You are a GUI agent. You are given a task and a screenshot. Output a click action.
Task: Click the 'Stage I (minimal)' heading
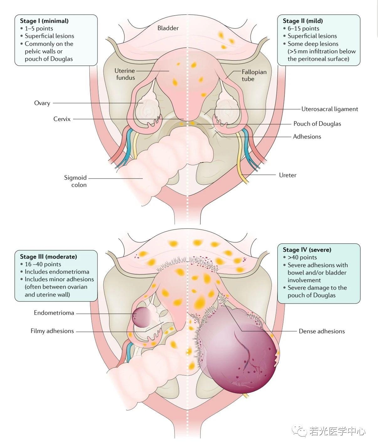click(x=44, y=21)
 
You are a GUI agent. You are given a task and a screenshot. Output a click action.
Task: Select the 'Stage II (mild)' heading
click(x=302, y=21)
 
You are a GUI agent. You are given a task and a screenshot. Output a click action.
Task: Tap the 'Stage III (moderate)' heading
click(x=48, y=256)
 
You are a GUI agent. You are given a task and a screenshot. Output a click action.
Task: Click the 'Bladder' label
click(x=168, y=28)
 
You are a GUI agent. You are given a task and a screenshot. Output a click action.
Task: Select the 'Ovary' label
click(x=42, y=103)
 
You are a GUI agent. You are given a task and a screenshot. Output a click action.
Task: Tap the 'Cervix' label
click(x=62, y=119)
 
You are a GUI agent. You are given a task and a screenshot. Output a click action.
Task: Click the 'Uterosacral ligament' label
click(x=329, y=109)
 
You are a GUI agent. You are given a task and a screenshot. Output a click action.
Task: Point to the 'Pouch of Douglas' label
click(x=317, y=124)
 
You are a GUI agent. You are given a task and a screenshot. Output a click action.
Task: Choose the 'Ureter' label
click(x=287, y=175)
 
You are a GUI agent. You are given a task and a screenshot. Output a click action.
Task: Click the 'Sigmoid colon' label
click(x=75, y=181)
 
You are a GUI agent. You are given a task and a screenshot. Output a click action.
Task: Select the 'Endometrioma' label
click(x=54, y=313)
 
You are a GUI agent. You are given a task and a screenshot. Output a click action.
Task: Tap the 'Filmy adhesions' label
click(x=52, y=331)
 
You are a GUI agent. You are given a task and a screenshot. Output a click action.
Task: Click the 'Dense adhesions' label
click(x=322, y=331)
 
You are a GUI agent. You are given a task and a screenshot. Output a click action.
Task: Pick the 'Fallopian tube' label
click(x=254, y=75)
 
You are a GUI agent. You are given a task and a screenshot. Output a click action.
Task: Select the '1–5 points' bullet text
click(x=39, y=29)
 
